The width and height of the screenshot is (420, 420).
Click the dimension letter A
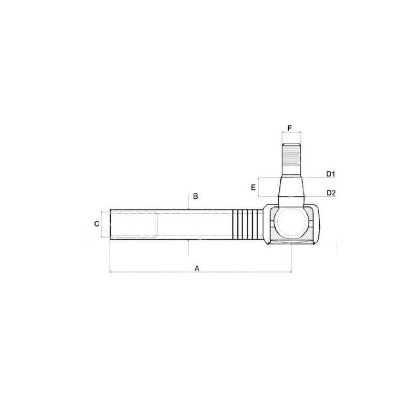click(x=197, y=268)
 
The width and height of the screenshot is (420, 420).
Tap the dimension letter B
click(x=195, y=196)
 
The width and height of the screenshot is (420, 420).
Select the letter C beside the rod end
click(x=97, y=224)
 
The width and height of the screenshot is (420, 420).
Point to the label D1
click(x=331, y=174)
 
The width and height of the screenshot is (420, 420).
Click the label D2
click(x=331, y=193)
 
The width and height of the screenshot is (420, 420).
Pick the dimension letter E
click(x=254, y=187)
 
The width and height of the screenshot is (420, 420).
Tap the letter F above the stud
click(x=290, y=128)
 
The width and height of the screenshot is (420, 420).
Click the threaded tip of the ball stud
click(x=291, y=160)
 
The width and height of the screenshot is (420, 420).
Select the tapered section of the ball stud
click(x=291, y=187)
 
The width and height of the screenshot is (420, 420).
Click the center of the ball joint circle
click(x=291, y=223)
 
